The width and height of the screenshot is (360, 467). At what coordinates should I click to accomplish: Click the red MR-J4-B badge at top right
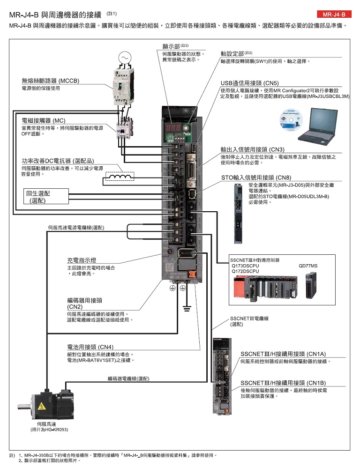(x=333, y=15)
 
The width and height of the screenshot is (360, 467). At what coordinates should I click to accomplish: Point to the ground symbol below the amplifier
(x=186, y=308)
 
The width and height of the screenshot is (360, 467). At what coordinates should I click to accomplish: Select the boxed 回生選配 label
(x=39, y=196)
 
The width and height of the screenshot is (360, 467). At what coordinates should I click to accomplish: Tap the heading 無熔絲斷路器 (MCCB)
(x=50, y=81)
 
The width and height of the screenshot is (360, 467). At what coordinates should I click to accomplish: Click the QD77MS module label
(x=308, y=266)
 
